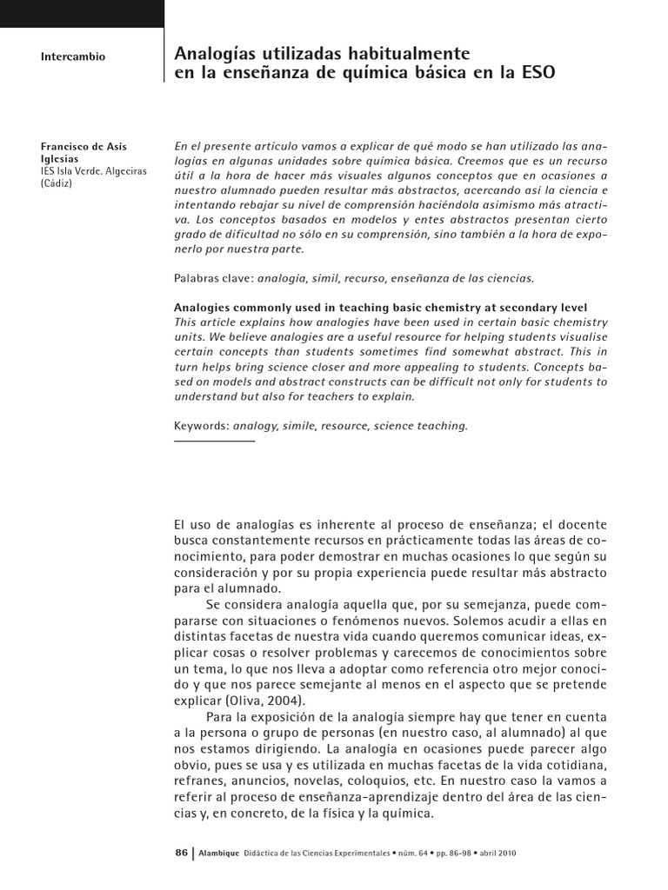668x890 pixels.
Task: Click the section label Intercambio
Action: click(73, 56)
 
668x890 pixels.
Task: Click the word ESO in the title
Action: click(537, 74)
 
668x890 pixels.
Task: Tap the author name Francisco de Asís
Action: click(85, 147)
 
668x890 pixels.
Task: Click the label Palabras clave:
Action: click(213, 279)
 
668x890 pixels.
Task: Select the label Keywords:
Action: click(201, 426)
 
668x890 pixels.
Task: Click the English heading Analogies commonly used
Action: click(252, 308)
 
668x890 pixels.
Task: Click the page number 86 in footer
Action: click(181, 853)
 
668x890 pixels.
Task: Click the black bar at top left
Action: click(82, 13)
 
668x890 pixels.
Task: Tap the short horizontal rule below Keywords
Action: click(215, 441)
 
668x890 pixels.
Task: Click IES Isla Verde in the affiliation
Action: click(70, 171)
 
